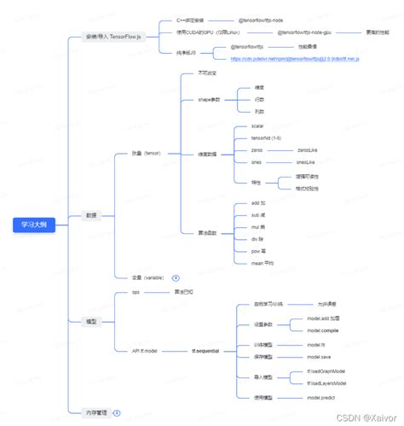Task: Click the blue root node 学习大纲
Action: click(x=34, y=225)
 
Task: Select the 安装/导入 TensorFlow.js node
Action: click(x=113, y=38)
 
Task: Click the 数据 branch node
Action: click(x=91, y=215)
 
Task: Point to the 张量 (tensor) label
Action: click(x=146, y=154)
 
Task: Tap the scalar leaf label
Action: click(x=257, y=125)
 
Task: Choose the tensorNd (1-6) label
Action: click(x=265, y=137)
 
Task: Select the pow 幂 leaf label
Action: click(x=260, y=252)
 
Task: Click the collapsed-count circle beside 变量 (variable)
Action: click(x=176, y=277)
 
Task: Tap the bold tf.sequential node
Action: click(x=205, y=351)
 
